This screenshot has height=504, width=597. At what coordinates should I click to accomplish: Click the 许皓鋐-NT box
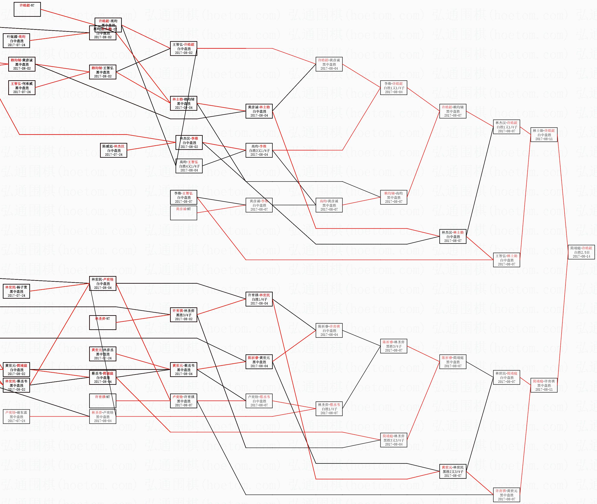coord(27,9)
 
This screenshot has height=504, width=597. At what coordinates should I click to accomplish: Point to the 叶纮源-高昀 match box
coord(16,41)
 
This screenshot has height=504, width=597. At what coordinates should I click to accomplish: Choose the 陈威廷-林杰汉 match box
coord(113,150)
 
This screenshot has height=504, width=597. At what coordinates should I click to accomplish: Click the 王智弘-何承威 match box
coord(22,88)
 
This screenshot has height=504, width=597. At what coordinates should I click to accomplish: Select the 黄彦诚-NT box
coord(183,213)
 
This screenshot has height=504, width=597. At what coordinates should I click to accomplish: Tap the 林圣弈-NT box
coord(103,323)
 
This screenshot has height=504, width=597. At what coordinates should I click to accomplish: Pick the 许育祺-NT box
coord(103,401)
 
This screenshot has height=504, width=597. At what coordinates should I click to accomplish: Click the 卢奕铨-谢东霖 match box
coord(16,417)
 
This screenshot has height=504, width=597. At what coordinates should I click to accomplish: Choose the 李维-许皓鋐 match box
coord(393,88)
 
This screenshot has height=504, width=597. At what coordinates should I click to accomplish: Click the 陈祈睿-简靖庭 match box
coord(452,362)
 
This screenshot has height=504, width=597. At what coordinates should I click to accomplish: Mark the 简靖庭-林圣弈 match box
coord(393,440)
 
